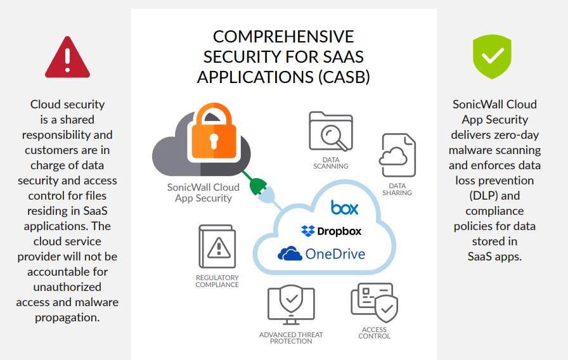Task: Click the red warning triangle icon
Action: pyautogui.click(x=68, y=58)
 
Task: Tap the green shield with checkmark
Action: pyautogui.click(x=492, y=58)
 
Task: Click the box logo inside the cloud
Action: pyautogui.click(x=344, y=207)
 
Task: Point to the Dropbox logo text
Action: pyautogui.click(x=332, y=231)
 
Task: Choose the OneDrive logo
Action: pyautogui.click(x=322, y=254)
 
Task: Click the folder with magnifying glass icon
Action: pyautogui.click(x=330, y=132)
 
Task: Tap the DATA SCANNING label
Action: pyautogui.click(x=331, y=163)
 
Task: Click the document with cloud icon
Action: pyautogui.click(x=397, y=156)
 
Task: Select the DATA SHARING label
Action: pyautogui.click(x=397, y=190)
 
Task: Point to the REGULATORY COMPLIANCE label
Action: pyautogui.click(x=217, y=281)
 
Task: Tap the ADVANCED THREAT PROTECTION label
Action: pyautogui.click(x=291, y=338)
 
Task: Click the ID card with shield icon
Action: pyautogui.click(x=375, y=303)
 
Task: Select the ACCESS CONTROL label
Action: pyautogui.click(x=375, y=333)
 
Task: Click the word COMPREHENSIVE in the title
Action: pyautogui.click(x=283, y=37)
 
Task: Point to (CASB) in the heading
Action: pyautogui.click(x=343, y=77)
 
